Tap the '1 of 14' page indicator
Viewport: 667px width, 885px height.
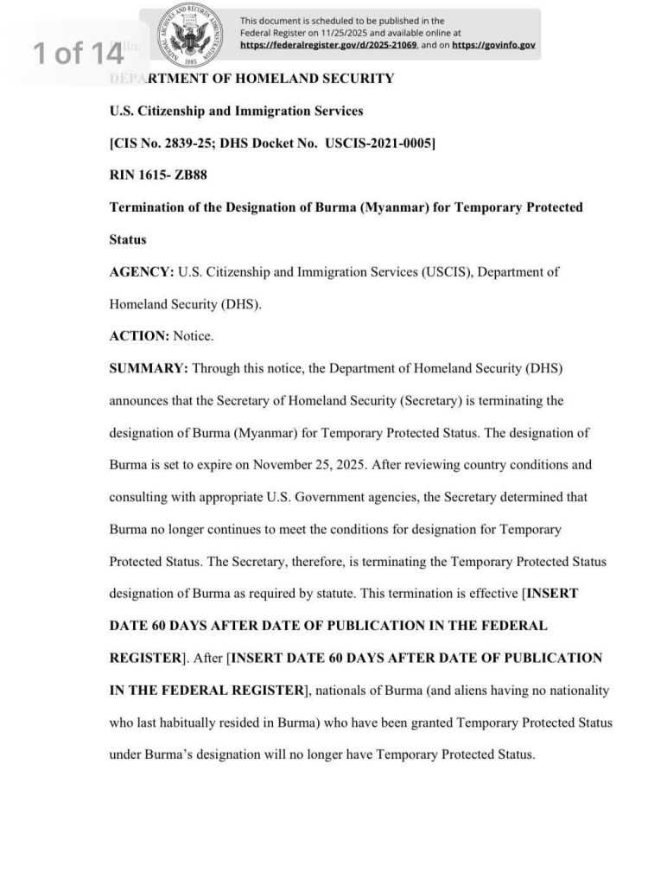point(78,54)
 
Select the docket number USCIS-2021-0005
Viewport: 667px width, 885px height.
point(380,143)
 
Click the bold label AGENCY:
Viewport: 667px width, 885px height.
point(141,271)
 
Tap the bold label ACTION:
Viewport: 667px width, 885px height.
point(139,336)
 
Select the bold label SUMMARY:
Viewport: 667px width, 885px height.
point(149,368)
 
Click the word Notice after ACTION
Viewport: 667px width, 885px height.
point(194,336)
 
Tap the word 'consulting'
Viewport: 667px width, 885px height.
point(140,497)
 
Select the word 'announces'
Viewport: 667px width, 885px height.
point(140,400)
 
